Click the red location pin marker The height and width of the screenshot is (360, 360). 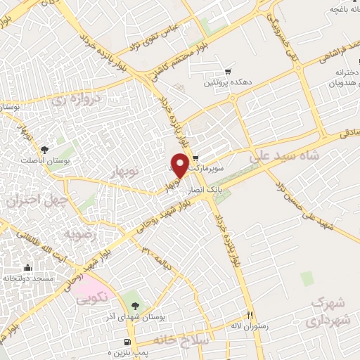click(180, 165)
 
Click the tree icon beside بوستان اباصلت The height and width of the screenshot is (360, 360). click(44, 149)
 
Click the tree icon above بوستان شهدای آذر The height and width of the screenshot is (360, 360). click(134, 305)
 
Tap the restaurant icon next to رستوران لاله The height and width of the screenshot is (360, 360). click(247, 314)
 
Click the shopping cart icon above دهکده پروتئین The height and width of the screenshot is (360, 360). click(228, 72)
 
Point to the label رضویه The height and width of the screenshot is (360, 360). click(77, 233)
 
